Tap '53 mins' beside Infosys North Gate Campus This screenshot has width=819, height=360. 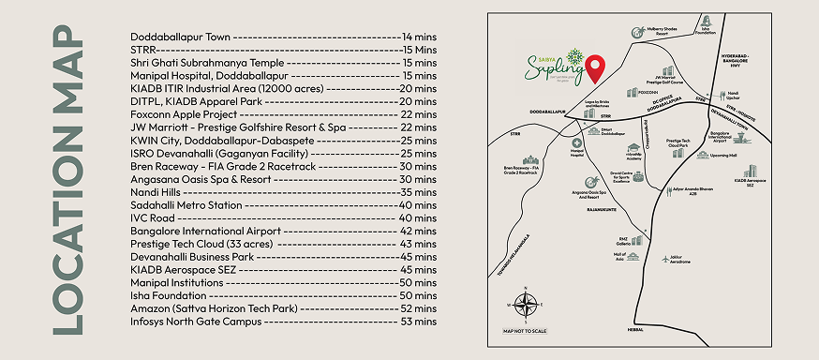pos(419,322)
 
